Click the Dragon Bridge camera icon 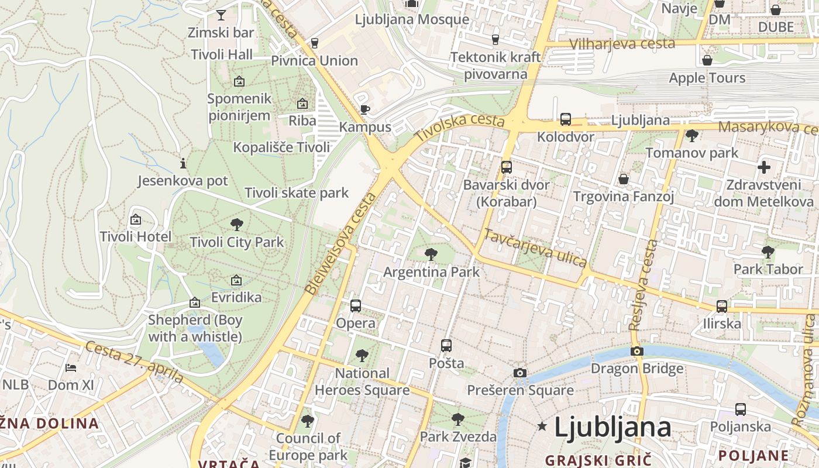click(x=637, y=352)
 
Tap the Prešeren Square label click(x=520, y=390)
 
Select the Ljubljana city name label click(x=612, y=428)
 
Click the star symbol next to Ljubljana click(x=542, y=426)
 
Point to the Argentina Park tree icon click(x=431, y=254)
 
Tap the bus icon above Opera click(x=356, y=306)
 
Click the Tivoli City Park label click(x=236, y=242)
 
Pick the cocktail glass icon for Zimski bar click(x=221, y=15)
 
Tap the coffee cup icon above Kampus click(x=365, y=109)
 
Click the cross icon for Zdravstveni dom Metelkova click(x=763, y=167)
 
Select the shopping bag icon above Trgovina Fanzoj click(x=624, y=178)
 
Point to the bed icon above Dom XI click(x=71, y=368)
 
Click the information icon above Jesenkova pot click(x=183, y=163)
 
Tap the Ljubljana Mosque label click(x=412, y=19)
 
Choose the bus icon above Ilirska click(x=722, y=307)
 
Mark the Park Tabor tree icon click(x=768, y=252)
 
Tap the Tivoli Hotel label click(x=136, y=237)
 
